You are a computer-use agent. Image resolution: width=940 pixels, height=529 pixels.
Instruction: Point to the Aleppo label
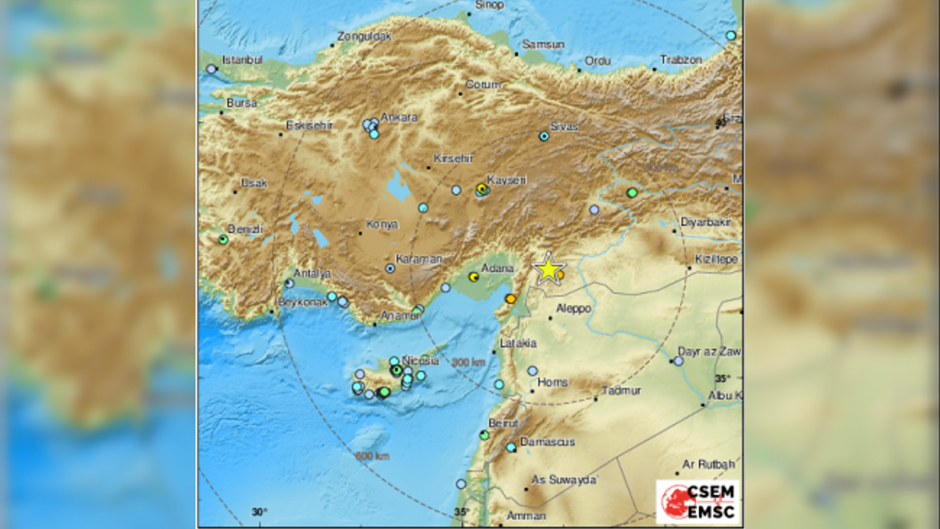[x=574, y=309]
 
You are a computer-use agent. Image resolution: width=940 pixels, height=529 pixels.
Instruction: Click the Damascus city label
[x=547, y=442]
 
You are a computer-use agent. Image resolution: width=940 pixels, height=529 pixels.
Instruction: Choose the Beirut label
[x=504, y=423]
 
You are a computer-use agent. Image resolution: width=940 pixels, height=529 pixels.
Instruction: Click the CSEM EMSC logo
[x=698, y=502]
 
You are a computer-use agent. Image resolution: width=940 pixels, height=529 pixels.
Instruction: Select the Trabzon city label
[x=681, y=60]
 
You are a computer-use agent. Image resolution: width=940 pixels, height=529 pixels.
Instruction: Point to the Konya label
[x=382, y=224]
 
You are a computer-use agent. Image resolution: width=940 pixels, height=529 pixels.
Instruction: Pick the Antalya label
[x=312, y=273]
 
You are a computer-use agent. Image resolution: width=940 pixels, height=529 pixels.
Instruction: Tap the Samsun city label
[x=543, y=44]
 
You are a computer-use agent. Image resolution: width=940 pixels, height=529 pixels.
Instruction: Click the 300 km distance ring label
[x=469, y=362]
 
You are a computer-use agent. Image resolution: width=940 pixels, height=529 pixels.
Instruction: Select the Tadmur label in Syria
[x=621, y=391]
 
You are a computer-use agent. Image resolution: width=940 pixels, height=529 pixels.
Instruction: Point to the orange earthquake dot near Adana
[x=510, y=298]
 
